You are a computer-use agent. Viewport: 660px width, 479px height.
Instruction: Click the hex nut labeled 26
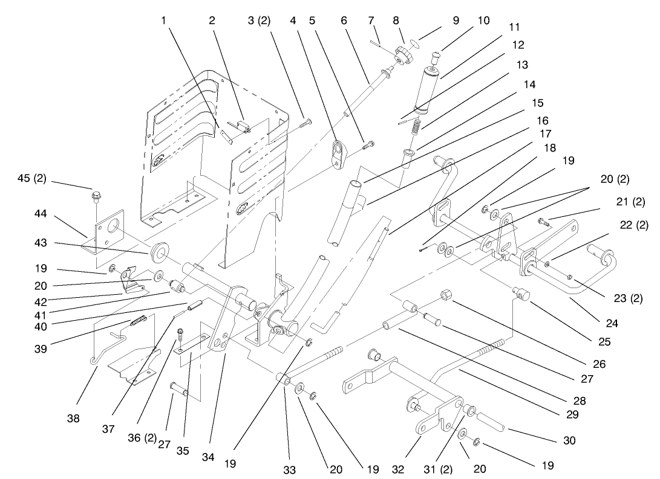(446, 295)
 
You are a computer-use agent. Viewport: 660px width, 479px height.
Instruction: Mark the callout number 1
(163, 20)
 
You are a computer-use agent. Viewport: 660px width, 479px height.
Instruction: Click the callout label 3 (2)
(259, 20)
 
